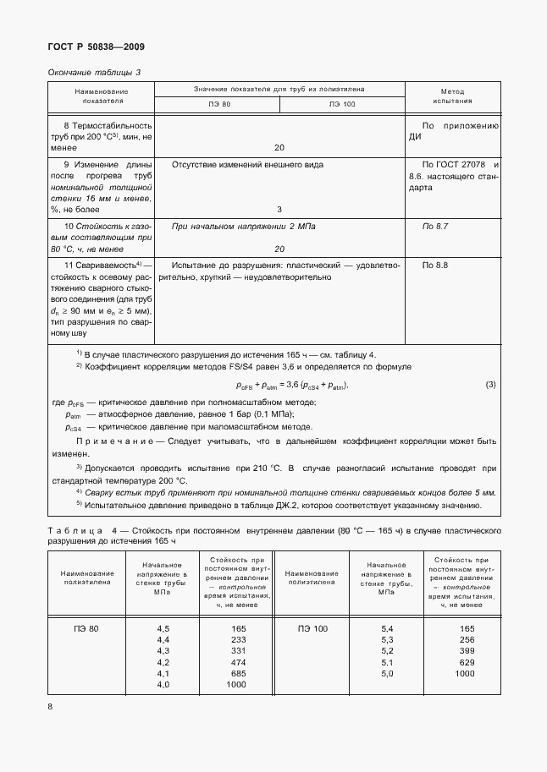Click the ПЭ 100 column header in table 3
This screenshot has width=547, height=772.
point(342,105)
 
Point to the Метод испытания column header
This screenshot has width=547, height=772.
point(452,95)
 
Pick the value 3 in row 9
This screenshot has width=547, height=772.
point(279,209)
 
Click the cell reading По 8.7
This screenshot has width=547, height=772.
point(434,227)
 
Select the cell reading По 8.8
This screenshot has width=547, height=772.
point(434,266)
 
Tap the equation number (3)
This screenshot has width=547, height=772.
point(489,386)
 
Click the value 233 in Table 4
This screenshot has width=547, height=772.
point(238,639)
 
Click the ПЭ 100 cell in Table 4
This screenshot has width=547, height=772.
point(312,628)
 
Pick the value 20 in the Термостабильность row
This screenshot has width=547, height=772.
point(279,147)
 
